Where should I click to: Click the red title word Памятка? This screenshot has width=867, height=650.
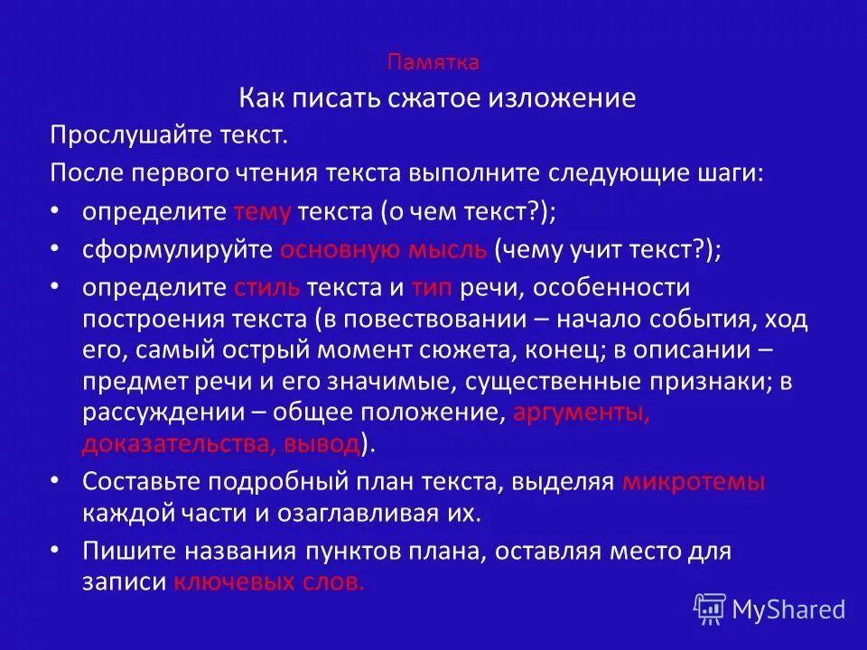(x=433, y=62)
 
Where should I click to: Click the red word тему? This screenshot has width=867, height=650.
(x=262, y=211)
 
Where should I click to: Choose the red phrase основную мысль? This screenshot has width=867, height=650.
(x=383, y=250)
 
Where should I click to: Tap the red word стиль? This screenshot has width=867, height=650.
(x=266, y=288)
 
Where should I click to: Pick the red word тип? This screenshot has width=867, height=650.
(x=432, y=288)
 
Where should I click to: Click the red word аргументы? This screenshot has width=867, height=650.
(x=581, y=413)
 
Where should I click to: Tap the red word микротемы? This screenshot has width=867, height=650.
(x=694, y=482)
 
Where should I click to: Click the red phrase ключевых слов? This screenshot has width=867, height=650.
(x=268, y=582)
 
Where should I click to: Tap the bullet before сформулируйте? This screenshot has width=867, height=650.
(x=56, y=250)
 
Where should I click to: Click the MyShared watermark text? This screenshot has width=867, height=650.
(x=788, y=609)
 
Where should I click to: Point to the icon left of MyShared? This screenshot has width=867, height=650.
(x=710, y=608)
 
